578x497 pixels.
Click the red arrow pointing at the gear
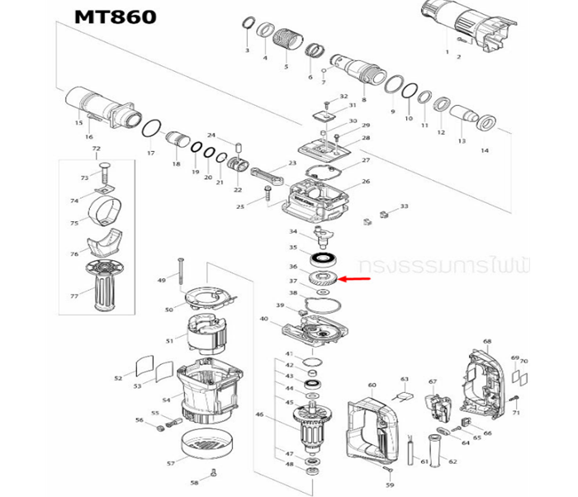pyautogui.click(x=355, y=280)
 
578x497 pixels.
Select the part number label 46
pyautogui.click(x=259, y=415)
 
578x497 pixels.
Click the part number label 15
pyautogui.click(x=78, y=124)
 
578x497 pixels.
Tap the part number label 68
pyautogui.click(x=487, y=342)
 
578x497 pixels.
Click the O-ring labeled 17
pyautogui.click(x=150, y=129)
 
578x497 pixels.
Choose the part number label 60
pyautogui.click(x=372, y=386)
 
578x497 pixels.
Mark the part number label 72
pyautogui.click(x=96, y=149)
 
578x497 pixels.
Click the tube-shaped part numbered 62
pyautogui.click(x=434, y=451)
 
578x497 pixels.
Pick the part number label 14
pyautogui.click(x=485, y=150)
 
